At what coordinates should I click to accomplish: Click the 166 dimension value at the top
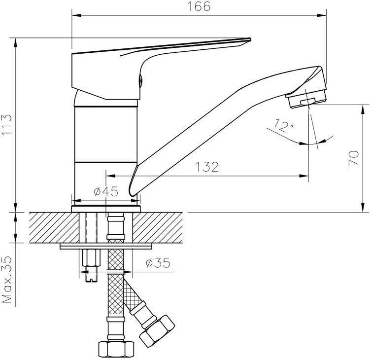coord(199,6)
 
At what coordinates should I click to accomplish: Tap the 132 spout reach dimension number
coord(207,167)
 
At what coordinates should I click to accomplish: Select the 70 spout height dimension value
coord(353,158)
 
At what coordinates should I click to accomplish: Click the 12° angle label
coord(283,125)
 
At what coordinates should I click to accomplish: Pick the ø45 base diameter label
coord(106,191)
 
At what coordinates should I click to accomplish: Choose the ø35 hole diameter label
coord(158,263)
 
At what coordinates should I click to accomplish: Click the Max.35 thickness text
coord(6,280)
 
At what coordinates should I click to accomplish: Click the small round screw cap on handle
coord(140,80)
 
